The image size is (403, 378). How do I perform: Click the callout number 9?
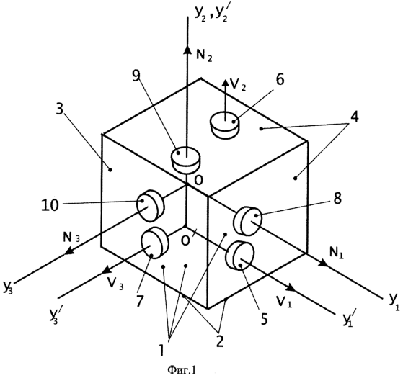[x=136, y=76]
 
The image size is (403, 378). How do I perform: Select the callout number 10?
[x=50, y=205]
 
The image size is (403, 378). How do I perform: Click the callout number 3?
[x=59, y=109]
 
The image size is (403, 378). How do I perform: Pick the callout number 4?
[x=355, y=117]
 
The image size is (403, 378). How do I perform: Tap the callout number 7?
[x=139, y=300]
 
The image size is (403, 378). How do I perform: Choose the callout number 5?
[x=265, y=319]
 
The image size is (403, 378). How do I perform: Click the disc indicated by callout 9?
[x=185, y=159]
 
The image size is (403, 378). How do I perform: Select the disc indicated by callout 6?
[x=225, y=125]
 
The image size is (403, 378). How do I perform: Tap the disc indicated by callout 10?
[x=151, y=206]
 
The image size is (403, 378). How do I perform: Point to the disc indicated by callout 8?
[x=247, y=221]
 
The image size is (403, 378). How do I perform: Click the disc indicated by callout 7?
[x=155, y=243]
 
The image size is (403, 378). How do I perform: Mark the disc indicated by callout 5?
[x=240, y=256]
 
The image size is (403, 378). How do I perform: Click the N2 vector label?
[x=204, y=55]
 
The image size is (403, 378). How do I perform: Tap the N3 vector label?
[x=71, y=238]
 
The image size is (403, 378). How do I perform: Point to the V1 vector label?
[x=284, y=302]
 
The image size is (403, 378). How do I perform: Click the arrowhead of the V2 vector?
[x=226, y=83]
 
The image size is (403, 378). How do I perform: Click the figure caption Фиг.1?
[x=182, y=369]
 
